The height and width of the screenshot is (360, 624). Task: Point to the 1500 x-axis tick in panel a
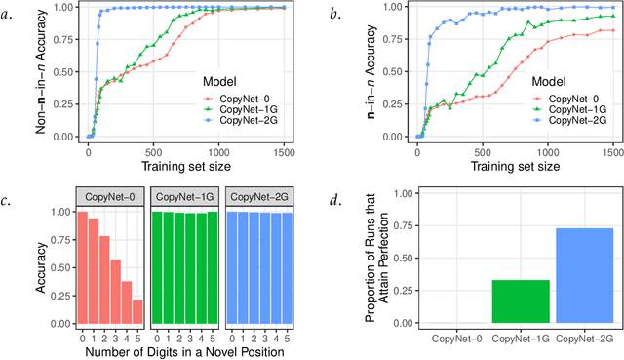(282, 152)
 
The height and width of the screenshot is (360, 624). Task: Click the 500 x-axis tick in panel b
(483, 152)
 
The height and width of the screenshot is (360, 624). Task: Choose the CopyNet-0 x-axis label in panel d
(456, 337)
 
